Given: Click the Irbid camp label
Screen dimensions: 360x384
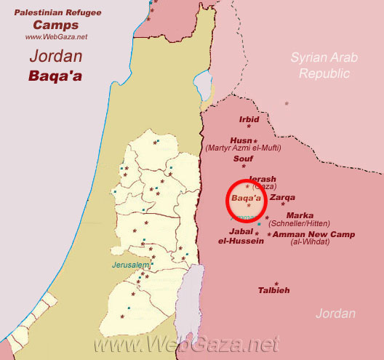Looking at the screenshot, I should coord(249,119).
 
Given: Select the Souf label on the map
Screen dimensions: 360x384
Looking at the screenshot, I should coord(243,157).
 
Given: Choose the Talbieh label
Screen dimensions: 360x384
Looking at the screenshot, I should coord(273,290).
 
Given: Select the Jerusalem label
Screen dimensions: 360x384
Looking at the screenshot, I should coord(130,265).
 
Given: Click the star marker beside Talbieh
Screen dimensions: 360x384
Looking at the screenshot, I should coord(276,283).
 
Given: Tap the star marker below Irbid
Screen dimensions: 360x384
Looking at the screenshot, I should coord(249,127).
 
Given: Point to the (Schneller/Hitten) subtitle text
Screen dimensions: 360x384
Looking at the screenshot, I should coord(300,223).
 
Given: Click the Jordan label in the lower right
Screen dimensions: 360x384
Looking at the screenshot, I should coord(335,313).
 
